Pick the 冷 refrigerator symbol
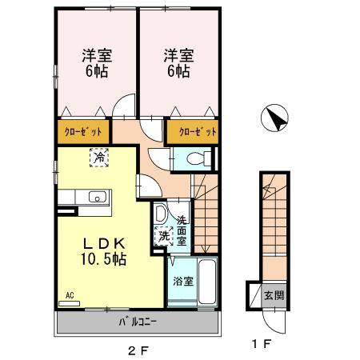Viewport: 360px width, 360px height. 99,158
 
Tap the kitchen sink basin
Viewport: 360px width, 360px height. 98,196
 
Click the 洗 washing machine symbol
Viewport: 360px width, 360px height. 163,236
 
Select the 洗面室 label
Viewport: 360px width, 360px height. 182,231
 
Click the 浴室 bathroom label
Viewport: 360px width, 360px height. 182,281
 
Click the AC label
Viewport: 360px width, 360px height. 70,296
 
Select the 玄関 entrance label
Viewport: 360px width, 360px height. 274,295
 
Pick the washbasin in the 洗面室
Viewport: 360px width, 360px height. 161,214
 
